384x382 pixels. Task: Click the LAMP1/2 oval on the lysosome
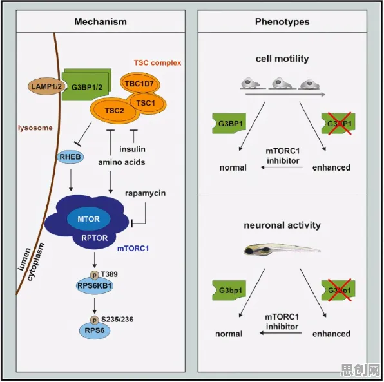pyautogui.click(x=46, y=86)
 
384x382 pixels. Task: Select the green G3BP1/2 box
pyautogui.click(x=86, y=85)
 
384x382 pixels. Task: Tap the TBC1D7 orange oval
pyautogui.click(x=140, y=84)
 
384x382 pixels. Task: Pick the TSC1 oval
pyautogui.click(x=146, y=103)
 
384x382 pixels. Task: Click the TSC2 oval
pyautogui.click(x=113, y=111)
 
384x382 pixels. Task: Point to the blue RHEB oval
pyautogui.click(x=70, y=157)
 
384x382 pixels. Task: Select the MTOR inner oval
pyautogui.click(x=89, y=218)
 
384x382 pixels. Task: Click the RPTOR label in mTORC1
pyautogui.click(x=95, y=238)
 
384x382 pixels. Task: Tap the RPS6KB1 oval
pyautogui.click(x=95, y=286)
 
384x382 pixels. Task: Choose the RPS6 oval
pyautogui.click(x=95, y=330)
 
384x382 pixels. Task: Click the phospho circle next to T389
pyautogui.click(x=94, y=275)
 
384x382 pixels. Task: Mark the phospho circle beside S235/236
pyautogui.click(x=94, y=320)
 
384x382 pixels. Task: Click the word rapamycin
pyautogui.click(x=145, y=193)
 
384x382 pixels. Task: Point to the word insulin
pyautogui.click(x=132, y=149)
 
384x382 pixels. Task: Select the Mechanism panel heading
pyautogui.click(x=101, y=22)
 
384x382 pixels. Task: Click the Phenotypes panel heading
pyautogui.click(x=282, y=22)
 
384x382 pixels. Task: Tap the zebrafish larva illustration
pyautogui.click(x=282, y=250)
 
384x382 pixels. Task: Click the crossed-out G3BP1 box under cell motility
pyautogui.click(x=338, y=124)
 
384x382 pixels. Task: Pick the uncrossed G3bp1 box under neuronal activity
pyautogui.click(x=229, y=290)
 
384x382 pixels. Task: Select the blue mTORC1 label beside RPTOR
pyautogui.click(x=133, y=249)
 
